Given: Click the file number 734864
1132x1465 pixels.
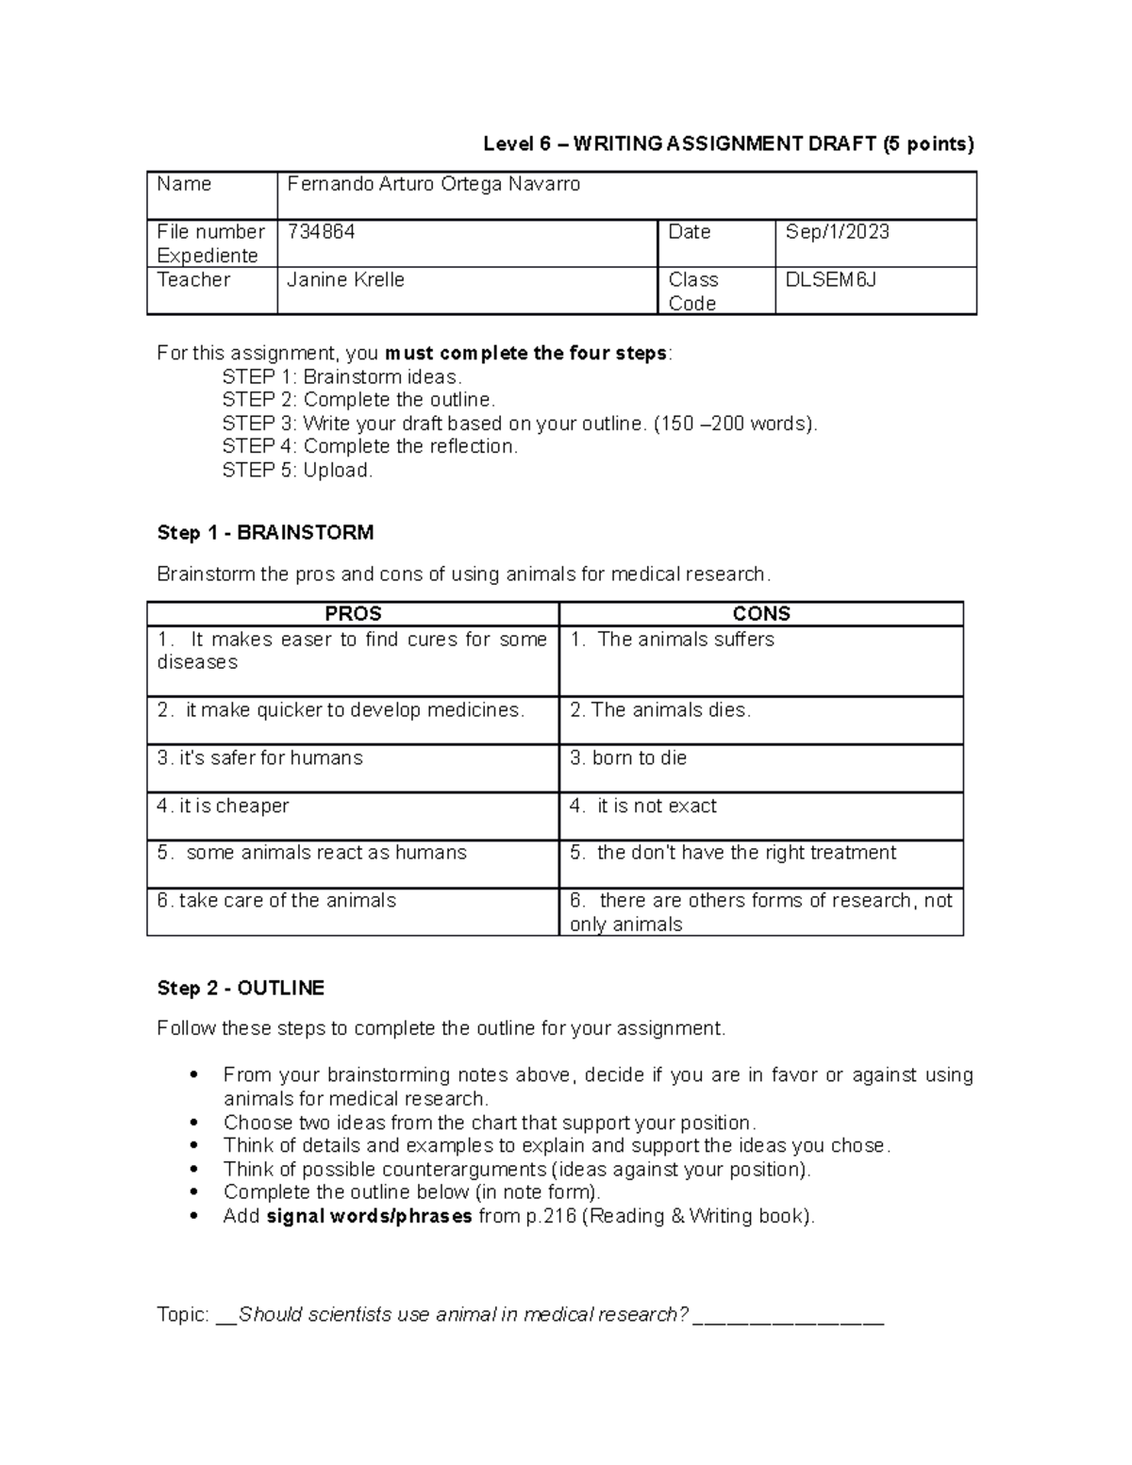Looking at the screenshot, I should pos(321,232).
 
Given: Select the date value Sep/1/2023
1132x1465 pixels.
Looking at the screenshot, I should pos(837,232).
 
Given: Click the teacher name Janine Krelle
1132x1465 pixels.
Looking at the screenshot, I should pos(345,280).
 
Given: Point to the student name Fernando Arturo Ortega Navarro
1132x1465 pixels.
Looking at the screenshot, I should pos(433,185).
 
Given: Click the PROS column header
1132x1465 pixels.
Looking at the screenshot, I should pos(353,614).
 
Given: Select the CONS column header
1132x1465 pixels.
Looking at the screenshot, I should pos(760,614).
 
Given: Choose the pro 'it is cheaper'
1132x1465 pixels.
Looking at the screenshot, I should pos(223,807).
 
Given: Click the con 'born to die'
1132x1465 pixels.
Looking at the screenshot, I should pos(628,758).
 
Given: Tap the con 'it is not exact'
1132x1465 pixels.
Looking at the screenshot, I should pos(643,807).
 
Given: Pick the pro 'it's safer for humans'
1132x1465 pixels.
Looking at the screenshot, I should pos(259,758).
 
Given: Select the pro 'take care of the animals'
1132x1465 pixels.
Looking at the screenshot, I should pos(276,901).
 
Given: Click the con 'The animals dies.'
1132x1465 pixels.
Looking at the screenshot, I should pos(660,710).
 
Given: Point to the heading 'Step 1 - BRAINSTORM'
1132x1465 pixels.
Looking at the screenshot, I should pos(265,533).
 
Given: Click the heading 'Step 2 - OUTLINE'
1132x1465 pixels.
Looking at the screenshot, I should pos(241,989).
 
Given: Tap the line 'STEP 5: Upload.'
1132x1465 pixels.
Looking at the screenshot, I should pos(297,471).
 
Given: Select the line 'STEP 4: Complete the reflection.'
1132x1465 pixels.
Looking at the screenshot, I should pos(370,447).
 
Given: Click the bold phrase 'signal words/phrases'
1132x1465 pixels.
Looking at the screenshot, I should pos(370,1217).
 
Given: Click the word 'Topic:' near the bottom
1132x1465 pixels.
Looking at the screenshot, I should pos(183,1315).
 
